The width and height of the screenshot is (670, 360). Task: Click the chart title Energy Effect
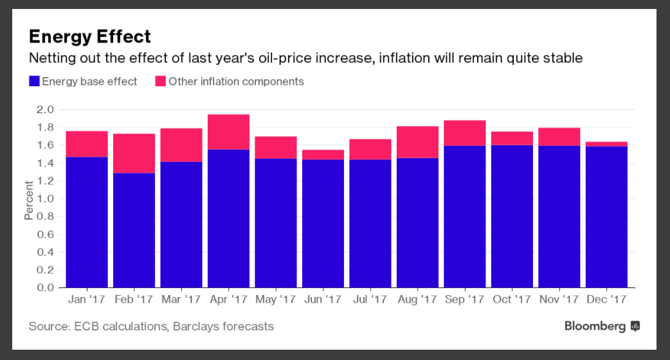89,36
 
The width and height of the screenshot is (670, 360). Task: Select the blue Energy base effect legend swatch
34,82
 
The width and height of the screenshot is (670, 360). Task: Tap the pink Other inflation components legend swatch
160,82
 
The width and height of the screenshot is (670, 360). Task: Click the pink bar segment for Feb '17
134,153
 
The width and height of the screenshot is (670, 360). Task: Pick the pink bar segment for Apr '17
229,132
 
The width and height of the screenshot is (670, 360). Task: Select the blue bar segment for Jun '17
323,223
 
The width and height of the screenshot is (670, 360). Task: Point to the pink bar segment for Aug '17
418,142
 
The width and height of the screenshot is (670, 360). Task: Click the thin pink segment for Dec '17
607,144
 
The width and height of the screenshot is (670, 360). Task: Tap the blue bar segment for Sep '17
465,217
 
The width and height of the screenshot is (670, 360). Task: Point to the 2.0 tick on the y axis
44,110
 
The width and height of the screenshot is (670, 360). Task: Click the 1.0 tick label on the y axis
44,199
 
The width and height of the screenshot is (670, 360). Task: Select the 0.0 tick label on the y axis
44,287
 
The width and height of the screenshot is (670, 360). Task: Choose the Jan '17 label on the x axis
87,300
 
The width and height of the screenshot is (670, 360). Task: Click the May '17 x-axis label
276,300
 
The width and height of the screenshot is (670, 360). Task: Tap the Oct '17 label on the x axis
512,300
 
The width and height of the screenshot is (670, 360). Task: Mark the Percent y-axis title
29,199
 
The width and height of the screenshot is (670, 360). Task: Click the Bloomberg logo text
595,327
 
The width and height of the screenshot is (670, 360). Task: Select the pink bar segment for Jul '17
370,149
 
